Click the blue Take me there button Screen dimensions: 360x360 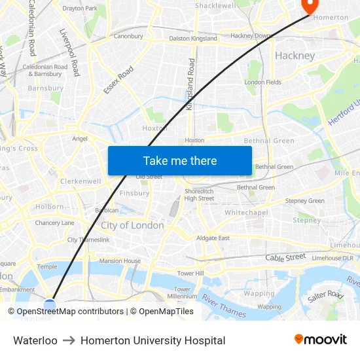[179, 160]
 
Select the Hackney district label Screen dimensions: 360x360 [295, 56]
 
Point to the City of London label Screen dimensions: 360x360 [132, 225]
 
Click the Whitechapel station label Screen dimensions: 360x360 [246, 213]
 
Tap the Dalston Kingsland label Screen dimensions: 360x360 [193, 39]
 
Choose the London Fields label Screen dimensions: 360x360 [263, 82]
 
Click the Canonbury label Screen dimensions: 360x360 [128, 36]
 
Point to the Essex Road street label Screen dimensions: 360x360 [118, 80]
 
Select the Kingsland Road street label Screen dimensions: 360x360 [191, 84]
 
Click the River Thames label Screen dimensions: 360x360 [224, 306]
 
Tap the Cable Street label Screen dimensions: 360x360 [285, 257]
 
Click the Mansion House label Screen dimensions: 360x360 [120, 261]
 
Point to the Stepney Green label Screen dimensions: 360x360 [304, 201]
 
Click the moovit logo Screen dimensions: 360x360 [321, 339]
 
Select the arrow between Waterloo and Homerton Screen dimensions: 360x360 [69, 340]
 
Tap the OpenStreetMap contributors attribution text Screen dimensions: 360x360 [67, 312]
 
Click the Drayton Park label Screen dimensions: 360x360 [80, 9]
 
